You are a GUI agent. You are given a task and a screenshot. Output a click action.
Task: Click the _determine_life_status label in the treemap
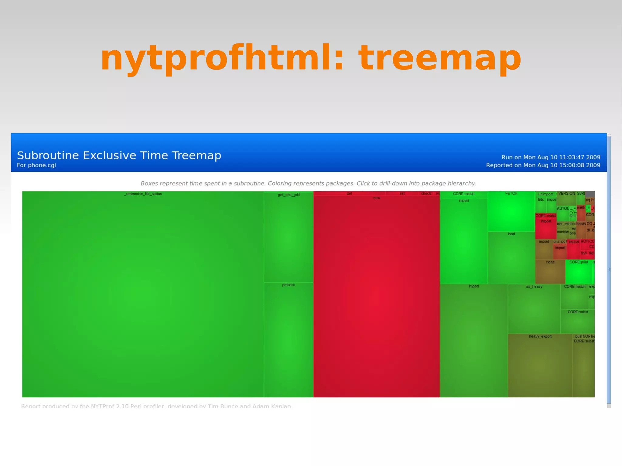point(143,194)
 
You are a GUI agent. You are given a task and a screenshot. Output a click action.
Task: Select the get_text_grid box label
point(289,195)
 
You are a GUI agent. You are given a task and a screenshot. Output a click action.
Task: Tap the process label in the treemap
point(289,285)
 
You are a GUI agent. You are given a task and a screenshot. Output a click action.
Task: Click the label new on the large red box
point(377,198)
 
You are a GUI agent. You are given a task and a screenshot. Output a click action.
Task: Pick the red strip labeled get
point(349,193)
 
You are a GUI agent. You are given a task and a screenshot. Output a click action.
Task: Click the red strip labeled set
point(402,193)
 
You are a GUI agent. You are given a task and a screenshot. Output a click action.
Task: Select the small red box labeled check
point(426,193)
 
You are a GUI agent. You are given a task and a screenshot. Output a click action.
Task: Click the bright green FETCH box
point(511,211)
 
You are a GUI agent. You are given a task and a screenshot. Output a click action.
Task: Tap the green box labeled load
point(511,257)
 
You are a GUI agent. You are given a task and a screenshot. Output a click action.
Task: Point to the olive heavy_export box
point(540,364)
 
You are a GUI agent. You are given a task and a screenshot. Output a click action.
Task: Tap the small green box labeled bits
point(541,205)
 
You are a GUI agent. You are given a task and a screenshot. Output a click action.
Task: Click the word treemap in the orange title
point(440,58)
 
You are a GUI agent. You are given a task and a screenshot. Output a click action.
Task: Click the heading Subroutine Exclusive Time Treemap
point(119,155)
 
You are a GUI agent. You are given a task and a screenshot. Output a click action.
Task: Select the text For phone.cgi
point(36,165)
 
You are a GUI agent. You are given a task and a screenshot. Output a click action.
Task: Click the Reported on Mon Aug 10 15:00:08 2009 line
point(543,165)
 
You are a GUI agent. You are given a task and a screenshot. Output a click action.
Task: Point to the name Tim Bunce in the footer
point(223,406)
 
